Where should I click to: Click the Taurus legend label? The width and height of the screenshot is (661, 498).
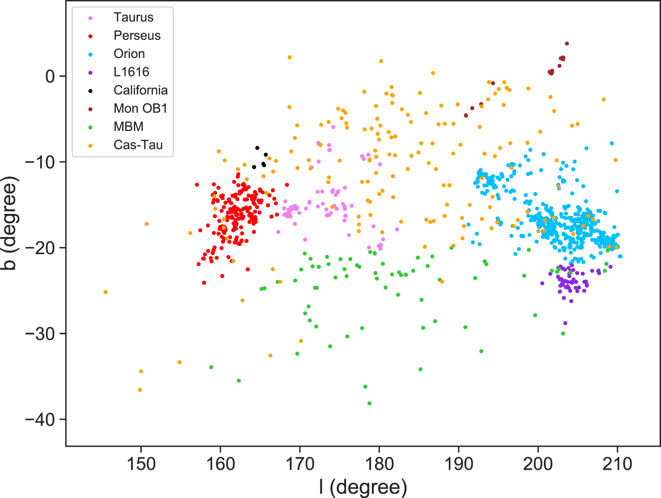[133, 17]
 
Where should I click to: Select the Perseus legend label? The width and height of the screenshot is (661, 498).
[137, 36]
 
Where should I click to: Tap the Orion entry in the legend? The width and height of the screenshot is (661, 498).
[129, 54]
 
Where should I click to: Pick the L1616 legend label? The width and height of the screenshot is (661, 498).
[131, 72]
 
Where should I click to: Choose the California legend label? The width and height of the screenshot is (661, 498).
[140, 90]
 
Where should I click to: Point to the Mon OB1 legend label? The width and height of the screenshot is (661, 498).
[140, 108]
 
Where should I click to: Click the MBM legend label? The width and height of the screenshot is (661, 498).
[128, 127]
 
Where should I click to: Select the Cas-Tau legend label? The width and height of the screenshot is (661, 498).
[138, 145]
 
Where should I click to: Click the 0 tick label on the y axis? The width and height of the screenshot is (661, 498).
[50, 76]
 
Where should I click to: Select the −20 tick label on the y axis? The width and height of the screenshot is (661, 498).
[40, 248]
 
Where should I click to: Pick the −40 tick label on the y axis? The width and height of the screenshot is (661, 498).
[40, 420]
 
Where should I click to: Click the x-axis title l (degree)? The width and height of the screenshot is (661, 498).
[363, 487]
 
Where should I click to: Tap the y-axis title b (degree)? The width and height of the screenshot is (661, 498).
[9, 223]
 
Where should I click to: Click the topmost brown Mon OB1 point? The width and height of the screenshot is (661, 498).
[567, 44]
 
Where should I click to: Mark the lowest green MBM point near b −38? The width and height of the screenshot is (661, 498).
[369, 403]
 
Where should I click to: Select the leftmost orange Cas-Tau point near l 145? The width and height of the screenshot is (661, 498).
[106, 292]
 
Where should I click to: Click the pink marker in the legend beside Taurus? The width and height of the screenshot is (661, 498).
[90, 18]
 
